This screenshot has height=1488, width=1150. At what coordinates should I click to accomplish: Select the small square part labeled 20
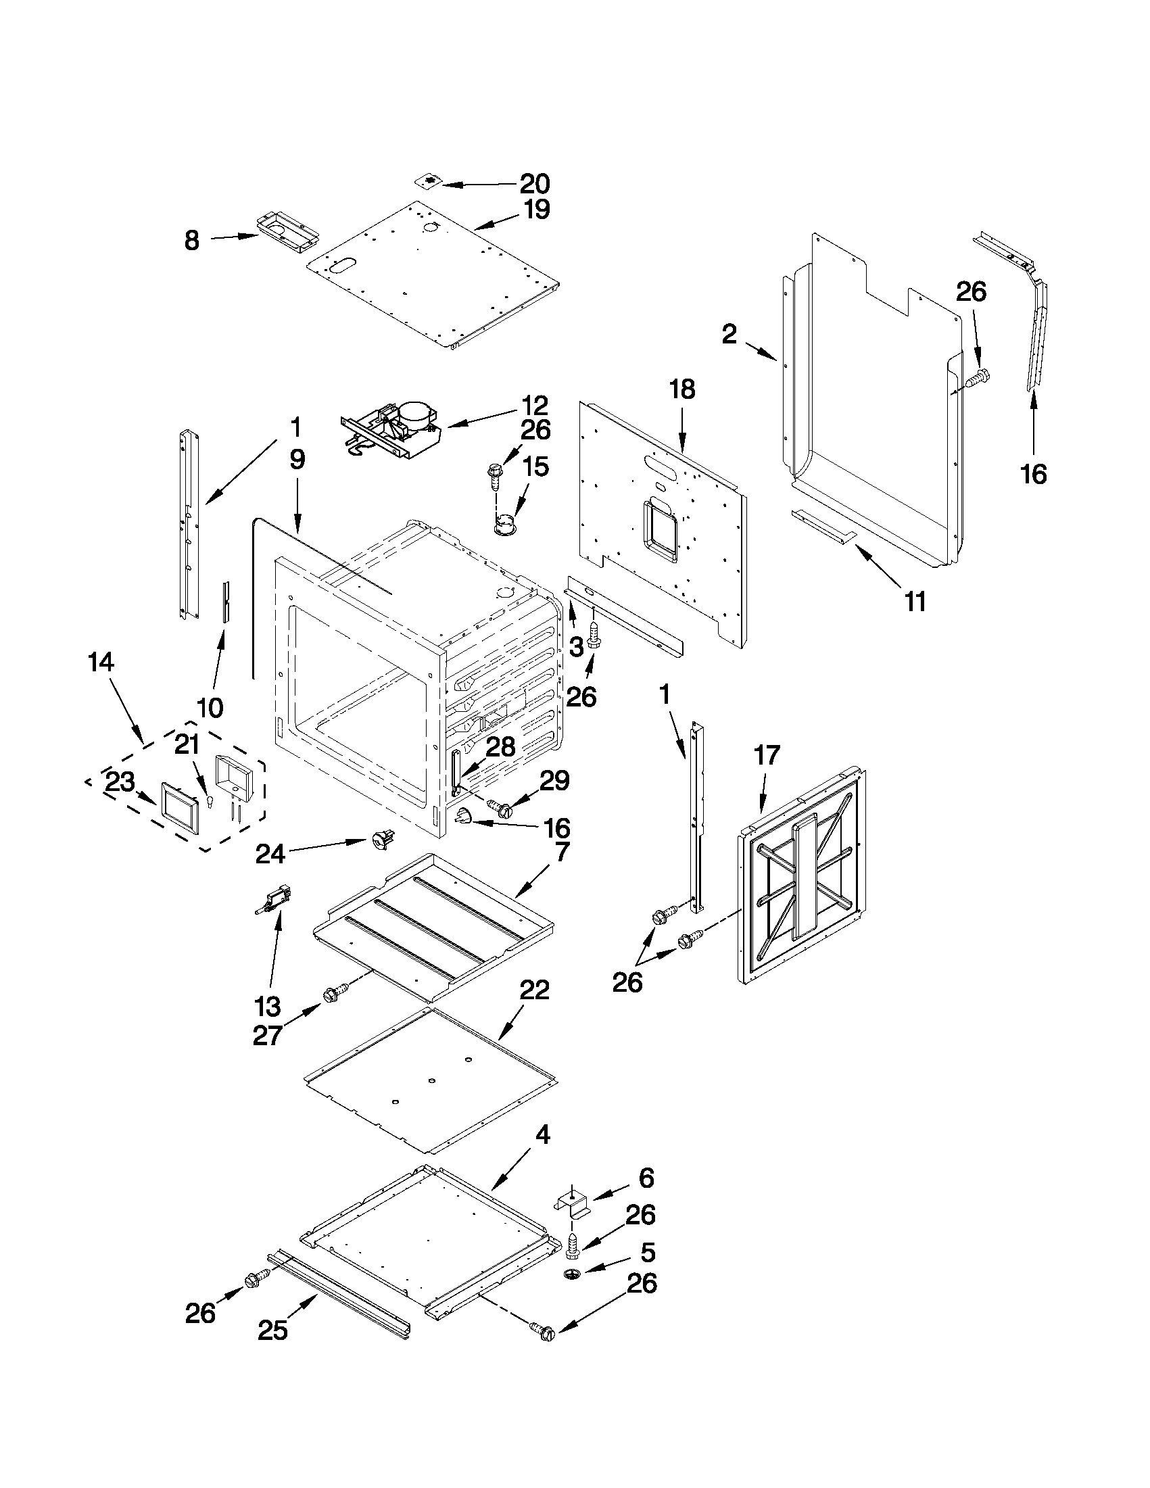click(x=428, y=181)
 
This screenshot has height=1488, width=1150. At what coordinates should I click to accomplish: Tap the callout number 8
click(x=192, y=240)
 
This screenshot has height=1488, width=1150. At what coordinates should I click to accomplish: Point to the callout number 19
click(x=536, y=210)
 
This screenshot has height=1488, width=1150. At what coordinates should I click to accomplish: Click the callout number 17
click(x=767, y=755)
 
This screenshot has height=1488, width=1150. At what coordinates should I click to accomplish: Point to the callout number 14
click(x=101, y=662)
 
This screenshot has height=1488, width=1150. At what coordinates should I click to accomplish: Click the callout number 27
click(x=267, y=1036)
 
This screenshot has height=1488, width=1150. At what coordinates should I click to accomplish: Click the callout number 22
click(x=534, y=990)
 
